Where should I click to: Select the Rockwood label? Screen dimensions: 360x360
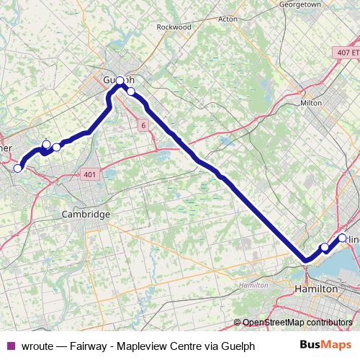click(174, 27)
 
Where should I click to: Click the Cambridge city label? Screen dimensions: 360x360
click(86, 215)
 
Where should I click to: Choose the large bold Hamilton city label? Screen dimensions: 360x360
click(317, 288)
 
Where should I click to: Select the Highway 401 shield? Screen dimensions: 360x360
click(89, 175)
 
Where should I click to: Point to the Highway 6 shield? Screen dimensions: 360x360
click(143, 125)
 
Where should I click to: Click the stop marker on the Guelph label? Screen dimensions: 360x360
click(120, 80)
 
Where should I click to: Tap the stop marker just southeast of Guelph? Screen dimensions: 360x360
click(131, 91)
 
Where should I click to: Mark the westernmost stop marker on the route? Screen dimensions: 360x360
click(18, 168)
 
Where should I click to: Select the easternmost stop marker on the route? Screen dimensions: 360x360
click(342, 238)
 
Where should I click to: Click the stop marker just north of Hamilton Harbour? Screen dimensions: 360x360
click(325, 248)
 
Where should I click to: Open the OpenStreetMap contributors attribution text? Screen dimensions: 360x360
click(297, 323)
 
